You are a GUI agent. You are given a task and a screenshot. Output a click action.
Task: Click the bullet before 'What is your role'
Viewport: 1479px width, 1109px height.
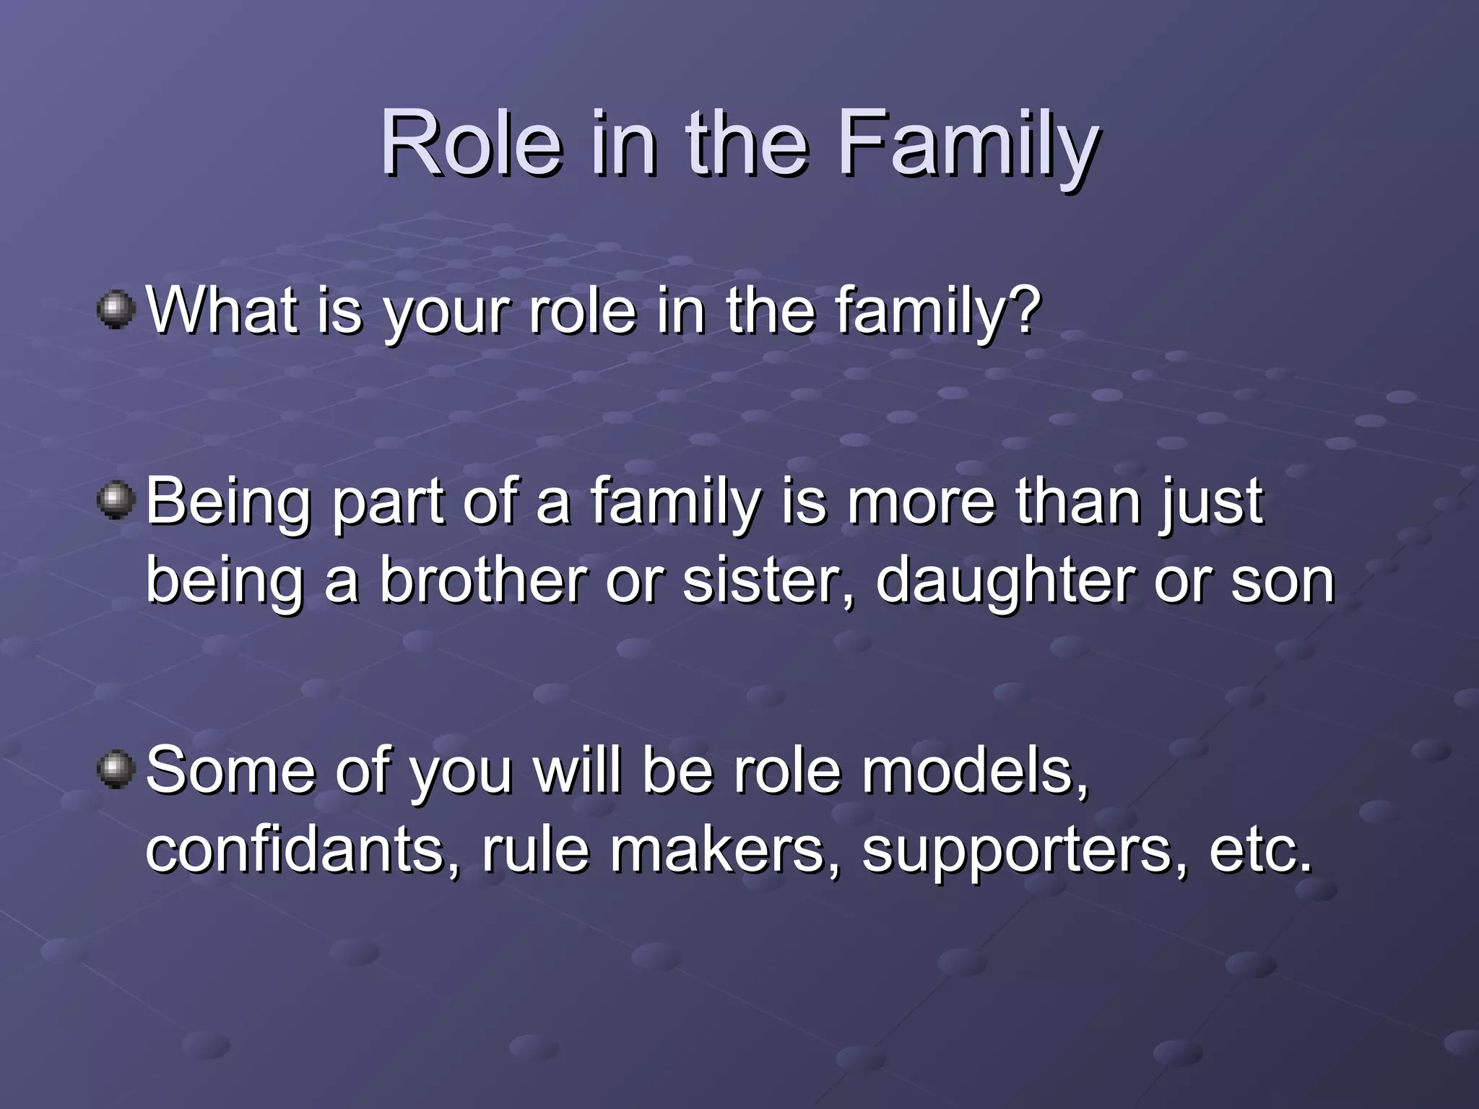point(116,310)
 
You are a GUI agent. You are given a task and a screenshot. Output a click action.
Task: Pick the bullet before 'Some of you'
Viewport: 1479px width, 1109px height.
point(116,770)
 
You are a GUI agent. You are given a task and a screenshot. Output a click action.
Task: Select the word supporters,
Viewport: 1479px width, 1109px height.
point(1025,849)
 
